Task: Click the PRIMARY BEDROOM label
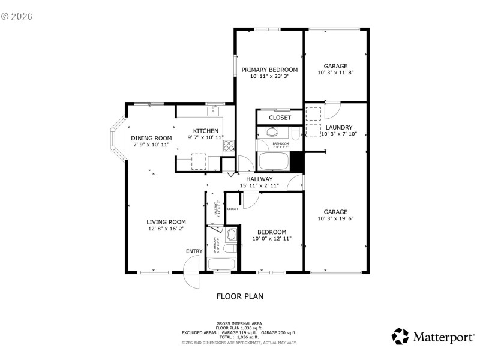pos(269,70)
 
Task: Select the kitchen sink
pos(214,111)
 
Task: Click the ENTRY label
pos(194,251)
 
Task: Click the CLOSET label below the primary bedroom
pos(280,118)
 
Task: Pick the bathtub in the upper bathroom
pos(274,161)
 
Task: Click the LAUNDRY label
pos(339,127)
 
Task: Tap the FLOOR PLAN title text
pos(240,296)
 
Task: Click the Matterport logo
pos(432,337)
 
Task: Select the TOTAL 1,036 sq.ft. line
pos(240,337)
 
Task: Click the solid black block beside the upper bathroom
pos(295,160)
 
